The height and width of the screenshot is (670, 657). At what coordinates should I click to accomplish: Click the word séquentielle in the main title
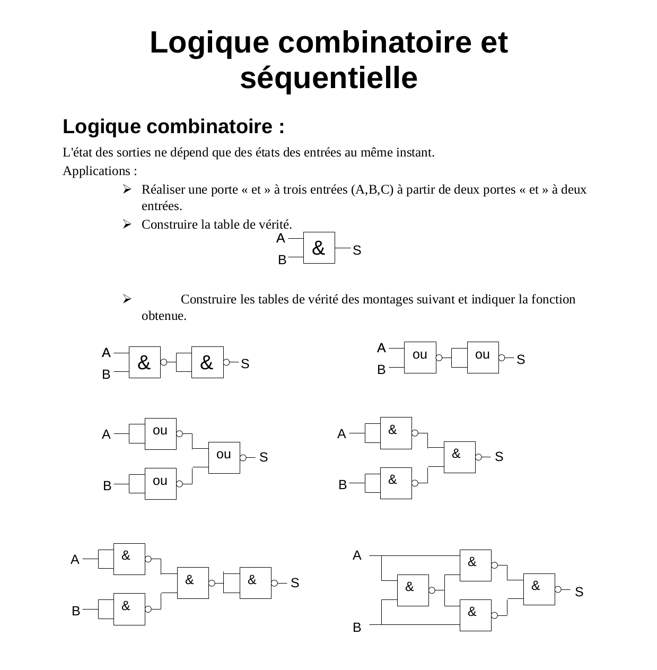point(329,78)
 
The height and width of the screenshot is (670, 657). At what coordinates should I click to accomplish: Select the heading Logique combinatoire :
point(173,127)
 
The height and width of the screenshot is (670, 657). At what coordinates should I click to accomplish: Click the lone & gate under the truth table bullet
point(319,248)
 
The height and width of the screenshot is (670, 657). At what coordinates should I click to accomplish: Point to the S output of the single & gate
point(357,250)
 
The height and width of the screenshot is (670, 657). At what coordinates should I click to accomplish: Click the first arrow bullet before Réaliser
point(127,189)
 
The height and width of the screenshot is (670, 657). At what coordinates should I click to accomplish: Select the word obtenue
point(164,316)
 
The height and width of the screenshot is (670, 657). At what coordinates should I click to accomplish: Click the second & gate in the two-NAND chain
point(207,362)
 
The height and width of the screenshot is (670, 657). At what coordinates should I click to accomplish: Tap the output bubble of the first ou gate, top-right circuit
point(439,358)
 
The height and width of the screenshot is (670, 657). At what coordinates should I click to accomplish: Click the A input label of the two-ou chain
point(381,348)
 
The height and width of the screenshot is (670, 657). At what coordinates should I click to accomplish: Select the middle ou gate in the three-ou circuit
point(224,457)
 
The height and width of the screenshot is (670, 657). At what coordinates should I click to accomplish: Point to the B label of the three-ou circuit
point(107,485)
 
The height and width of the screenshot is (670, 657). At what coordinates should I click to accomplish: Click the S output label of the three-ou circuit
point(264,457)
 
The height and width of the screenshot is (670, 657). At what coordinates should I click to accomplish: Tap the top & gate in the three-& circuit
point(396,433)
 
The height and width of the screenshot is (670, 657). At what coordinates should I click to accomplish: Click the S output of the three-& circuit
point(498,456)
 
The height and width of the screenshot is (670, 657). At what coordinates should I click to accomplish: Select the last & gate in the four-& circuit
point(256,583)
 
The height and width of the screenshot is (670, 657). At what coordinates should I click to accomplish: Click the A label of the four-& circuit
point(75,560)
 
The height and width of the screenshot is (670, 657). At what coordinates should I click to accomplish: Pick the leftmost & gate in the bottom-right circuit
point(413,590)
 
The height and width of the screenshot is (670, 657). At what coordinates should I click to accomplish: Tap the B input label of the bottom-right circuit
point(357,628)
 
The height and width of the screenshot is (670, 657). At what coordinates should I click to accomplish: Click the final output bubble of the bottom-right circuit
point(558,589)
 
